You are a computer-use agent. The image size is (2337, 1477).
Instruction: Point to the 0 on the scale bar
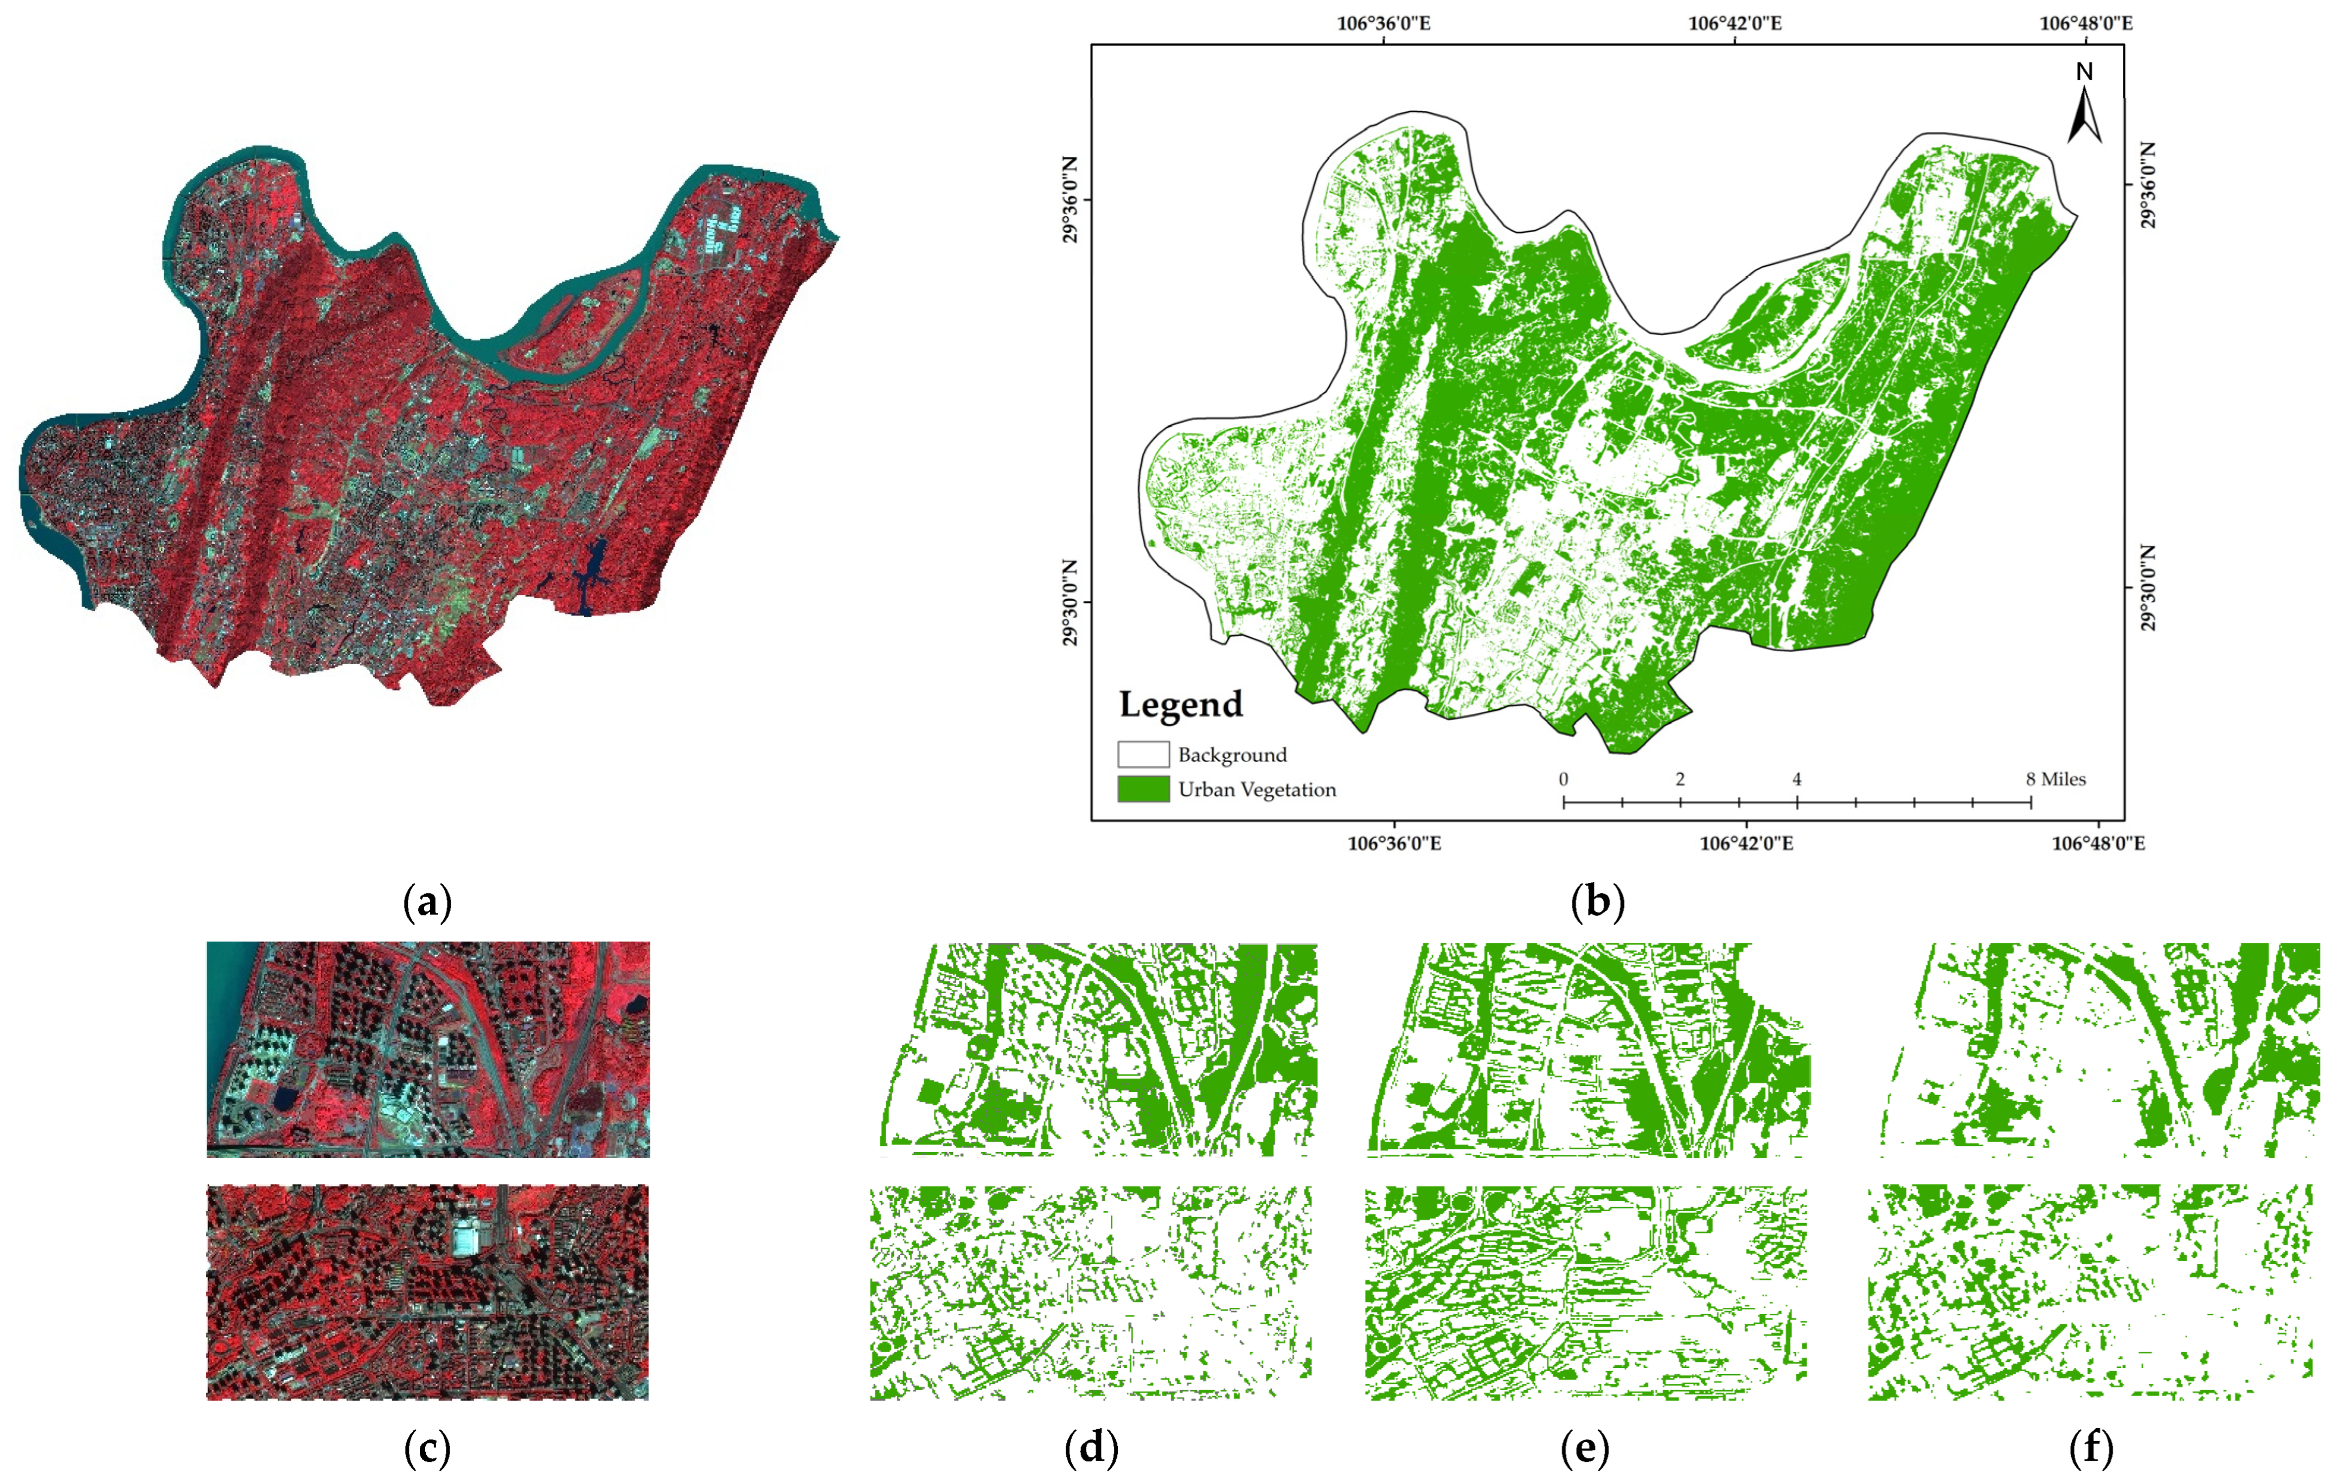pyautogui.click(x=1563, y=779)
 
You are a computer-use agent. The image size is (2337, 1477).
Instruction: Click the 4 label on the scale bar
pyautogui.click(x=1796, y=779)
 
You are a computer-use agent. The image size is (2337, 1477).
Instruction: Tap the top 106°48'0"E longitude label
pyautogui.click(x=2086, y=22)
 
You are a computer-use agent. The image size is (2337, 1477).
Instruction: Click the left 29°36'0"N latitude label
pyautogui.click(x=1070, y=200)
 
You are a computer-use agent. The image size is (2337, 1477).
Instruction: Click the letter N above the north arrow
pyautogui.click(x=2084, y=72)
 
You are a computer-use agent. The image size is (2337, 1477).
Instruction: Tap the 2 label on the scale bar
pyautogui.click(x=1680, y=779)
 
